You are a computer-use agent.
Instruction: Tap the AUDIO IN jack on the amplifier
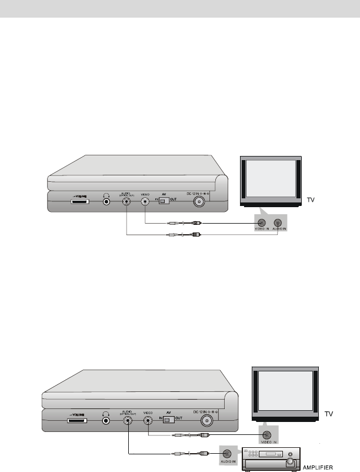pos(226,454)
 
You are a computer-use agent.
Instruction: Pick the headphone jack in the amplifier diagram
pos(106,420)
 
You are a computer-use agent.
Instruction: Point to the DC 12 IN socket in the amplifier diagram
pos(206,420)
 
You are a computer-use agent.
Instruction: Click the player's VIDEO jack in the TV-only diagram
pos(145,201)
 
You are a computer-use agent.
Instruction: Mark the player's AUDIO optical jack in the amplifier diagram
pos(128,420)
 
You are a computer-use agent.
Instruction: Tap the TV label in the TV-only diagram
pos(312,200)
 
